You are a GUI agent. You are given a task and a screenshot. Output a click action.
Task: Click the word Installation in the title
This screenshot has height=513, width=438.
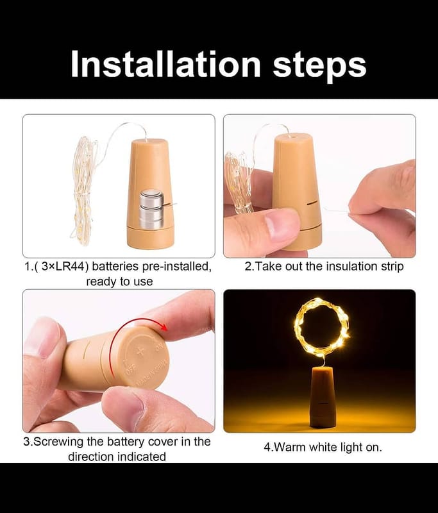tap(166, 63)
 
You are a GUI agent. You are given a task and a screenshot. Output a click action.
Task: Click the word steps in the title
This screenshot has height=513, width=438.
tap(320, 65)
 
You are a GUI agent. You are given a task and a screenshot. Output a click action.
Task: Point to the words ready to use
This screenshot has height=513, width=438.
tap(119, 282)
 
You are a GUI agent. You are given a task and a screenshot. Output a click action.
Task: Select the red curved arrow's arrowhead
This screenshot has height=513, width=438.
tap(164, 327)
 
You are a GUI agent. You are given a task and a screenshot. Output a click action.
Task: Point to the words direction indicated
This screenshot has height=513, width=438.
tap(117, 457)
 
